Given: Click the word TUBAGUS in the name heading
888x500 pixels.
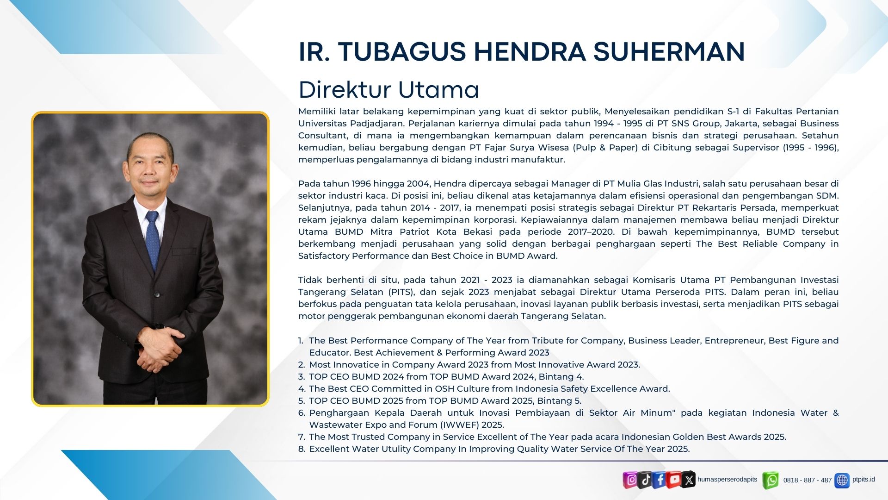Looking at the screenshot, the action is click(401, 51).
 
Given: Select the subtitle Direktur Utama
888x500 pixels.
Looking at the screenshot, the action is click(388, 90).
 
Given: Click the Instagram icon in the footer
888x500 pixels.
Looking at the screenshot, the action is click(630, 480).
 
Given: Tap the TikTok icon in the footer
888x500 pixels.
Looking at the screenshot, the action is click(645, 480).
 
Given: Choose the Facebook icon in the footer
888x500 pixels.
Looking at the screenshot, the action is click(660, 480).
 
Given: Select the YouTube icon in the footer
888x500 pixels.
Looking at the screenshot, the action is click(674, 480).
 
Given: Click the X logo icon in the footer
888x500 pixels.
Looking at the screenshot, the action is click(689, 480).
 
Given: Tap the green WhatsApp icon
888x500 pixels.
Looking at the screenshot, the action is click(771, 481).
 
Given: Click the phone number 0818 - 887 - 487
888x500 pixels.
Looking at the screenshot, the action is click(808, 481).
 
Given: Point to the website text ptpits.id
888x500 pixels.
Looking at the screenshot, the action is click(863, 480).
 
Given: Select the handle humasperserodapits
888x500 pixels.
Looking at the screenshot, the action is click(728, 480).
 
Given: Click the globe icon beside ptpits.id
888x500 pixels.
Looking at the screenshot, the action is click(842, 481).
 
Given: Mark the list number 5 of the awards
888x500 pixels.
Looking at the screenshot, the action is click(302, 401).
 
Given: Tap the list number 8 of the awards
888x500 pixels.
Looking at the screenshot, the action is click(302, 449).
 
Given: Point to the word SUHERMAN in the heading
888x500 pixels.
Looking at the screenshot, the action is click(669, 51).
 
